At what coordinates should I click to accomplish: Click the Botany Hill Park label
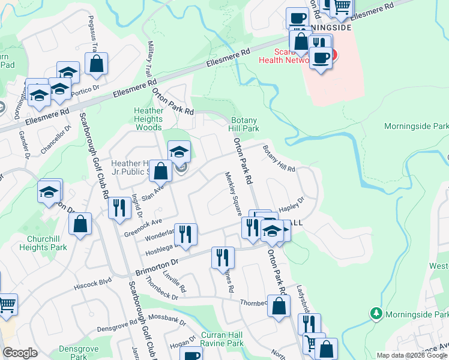[245, 124]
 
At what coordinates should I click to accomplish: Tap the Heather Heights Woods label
[148, 119]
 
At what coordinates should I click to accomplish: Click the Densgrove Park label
[73, 352]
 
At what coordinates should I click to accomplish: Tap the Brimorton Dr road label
[158, 263]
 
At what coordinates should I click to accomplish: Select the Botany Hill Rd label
[280, 160]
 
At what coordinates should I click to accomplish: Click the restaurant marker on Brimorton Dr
[223, 257]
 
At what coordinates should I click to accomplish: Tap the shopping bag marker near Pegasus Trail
[96, 63]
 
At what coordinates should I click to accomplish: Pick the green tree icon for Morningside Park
[376, 313]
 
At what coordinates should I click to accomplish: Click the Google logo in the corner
[20, 353]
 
